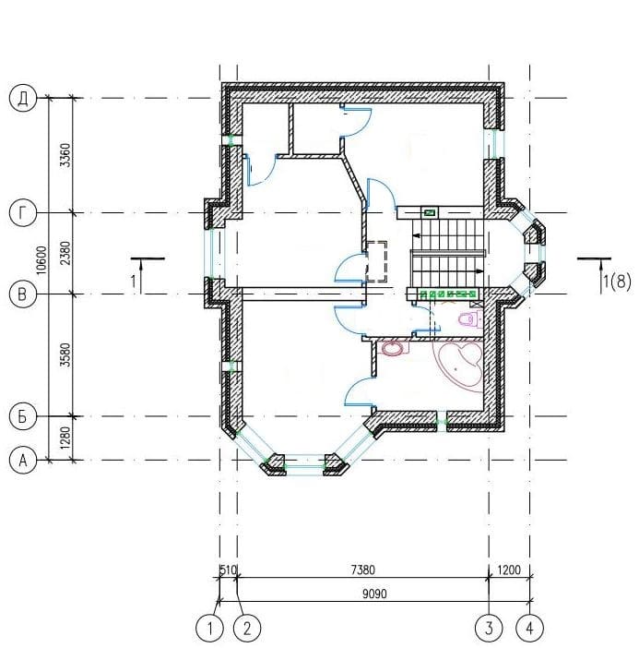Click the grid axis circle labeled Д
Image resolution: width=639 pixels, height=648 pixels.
coord(23,99)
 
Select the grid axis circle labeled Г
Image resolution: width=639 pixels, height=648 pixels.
coord(23,213)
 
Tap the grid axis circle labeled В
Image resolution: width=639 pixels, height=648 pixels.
coord(23,294)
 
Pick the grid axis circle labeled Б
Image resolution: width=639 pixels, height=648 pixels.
coord(23,416)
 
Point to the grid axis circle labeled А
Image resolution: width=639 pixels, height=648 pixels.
coord(23,460)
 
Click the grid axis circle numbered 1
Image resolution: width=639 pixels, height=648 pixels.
coord(209,629)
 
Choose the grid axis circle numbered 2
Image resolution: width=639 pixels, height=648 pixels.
coord(247,629)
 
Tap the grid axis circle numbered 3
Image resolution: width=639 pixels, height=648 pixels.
coord(489,629)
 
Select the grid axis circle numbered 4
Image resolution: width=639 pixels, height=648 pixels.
coord(529,629)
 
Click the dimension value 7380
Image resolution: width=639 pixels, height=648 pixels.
coord(363,570)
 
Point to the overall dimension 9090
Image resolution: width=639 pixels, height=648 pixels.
coord(374,594)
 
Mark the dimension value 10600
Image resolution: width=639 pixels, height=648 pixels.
coord(42,260)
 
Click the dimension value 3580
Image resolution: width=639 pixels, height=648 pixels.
coord(65,354)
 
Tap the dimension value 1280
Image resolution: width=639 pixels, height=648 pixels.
coord(65,438)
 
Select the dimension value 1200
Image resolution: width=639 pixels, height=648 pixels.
coord(509,570)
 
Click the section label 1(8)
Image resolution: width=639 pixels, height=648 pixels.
coord(617,282)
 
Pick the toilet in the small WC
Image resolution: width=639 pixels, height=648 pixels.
coord(470,319)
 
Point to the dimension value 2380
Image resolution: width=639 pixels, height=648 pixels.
coord(65,253)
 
